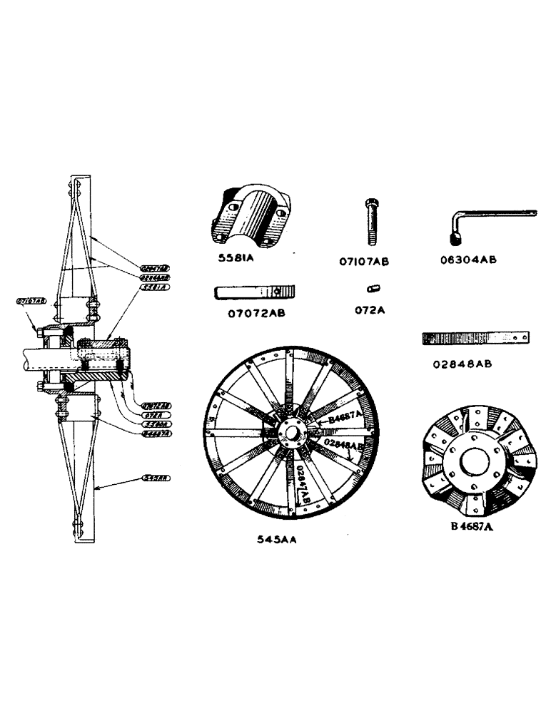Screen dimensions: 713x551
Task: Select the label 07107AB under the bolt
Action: coord(364,262)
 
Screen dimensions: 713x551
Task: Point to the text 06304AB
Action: coord(468,260)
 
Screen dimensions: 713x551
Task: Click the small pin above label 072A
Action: coord(372,288)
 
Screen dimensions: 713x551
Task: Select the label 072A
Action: coord(370,312)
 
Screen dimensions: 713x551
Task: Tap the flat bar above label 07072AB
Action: coord(256,292)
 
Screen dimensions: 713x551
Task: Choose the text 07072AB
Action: coord(255,312)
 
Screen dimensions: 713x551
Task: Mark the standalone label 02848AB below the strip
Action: coord(462,364)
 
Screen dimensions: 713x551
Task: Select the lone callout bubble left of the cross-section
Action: coord(31,302)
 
